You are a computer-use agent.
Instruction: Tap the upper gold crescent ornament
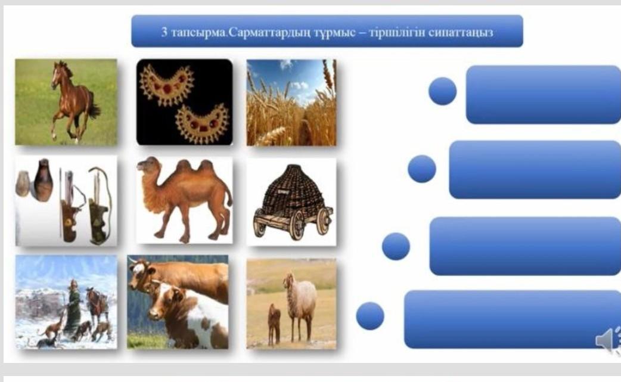pyautogui.click(x=166, y=84)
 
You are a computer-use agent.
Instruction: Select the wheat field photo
pyautogui.click(x=291, y=103)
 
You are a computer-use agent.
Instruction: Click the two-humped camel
pyautogui.click(x=185, y=198)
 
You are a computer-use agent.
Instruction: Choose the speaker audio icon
pyautogui.click(x=608, y=340)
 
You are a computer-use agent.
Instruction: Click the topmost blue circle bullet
pyautogui.click(x=442, y=91)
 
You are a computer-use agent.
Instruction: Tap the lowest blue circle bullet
pyautogui.click(x=370, y=315)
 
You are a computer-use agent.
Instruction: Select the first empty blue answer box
pyautogui.click(x=543, y=95)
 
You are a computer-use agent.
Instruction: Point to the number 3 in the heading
pyautogui.click(x=164, y=32)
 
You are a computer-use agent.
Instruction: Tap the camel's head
pyautogui.click(x=148, y=166)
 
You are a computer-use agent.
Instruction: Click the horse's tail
pyautogui.click(x=94, y=105)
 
